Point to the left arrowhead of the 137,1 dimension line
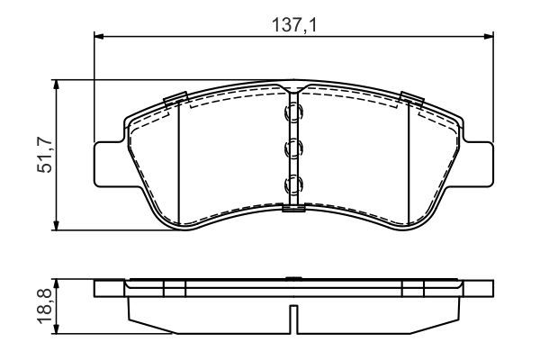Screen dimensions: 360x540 [x=99, y=36]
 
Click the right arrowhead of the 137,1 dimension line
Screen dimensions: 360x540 [x=489, y=36]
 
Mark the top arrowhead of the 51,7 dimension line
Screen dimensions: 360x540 [x=58, y=85]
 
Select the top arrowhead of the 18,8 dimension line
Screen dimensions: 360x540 [x=58, y=282]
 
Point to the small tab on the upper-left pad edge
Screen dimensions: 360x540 [x=174, y=98]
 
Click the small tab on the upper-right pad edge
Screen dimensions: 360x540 [x=412, y=98]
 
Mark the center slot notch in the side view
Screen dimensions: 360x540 [x=293, y=318]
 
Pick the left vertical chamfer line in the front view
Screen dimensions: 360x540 [x=179, y=162]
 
